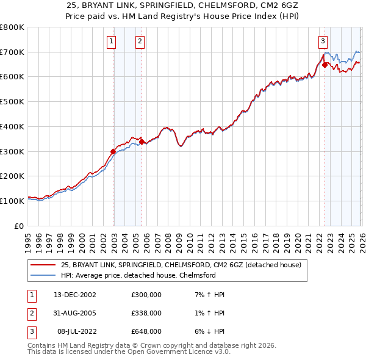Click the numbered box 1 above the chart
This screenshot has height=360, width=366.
click(x=112, y=41)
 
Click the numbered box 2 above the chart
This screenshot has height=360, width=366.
click(x=140, y=41)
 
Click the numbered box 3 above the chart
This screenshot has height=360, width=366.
click(x=322, y=41)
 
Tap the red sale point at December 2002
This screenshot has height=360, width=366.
click(x=113, y=151)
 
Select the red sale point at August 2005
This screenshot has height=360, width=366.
click(x=142, y=142)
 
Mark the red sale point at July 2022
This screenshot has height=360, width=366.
click(x=325, y=64)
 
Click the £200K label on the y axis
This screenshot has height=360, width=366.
click(x=12, y=176)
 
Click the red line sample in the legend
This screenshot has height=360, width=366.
click(x=43, y=265)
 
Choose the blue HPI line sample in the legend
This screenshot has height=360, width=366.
click(x=43, y=275)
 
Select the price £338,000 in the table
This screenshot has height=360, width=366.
click(x=146, y=313)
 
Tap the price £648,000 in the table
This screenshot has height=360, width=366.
click(x=146, y=331)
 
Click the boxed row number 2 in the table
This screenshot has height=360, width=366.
click(x=31, y=313)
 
